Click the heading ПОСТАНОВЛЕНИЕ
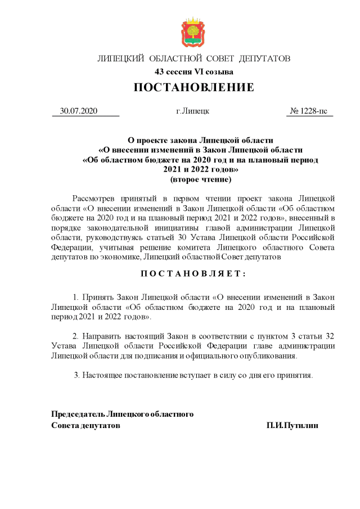point(193,88)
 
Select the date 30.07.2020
point(79,111)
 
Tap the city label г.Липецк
point(192,111)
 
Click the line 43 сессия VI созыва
point(193,71)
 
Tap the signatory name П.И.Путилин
point(292,426)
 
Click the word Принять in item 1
point(98,296)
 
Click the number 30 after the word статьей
point(183,237)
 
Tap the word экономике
point(123,256)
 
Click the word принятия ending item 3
point(296,374)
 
